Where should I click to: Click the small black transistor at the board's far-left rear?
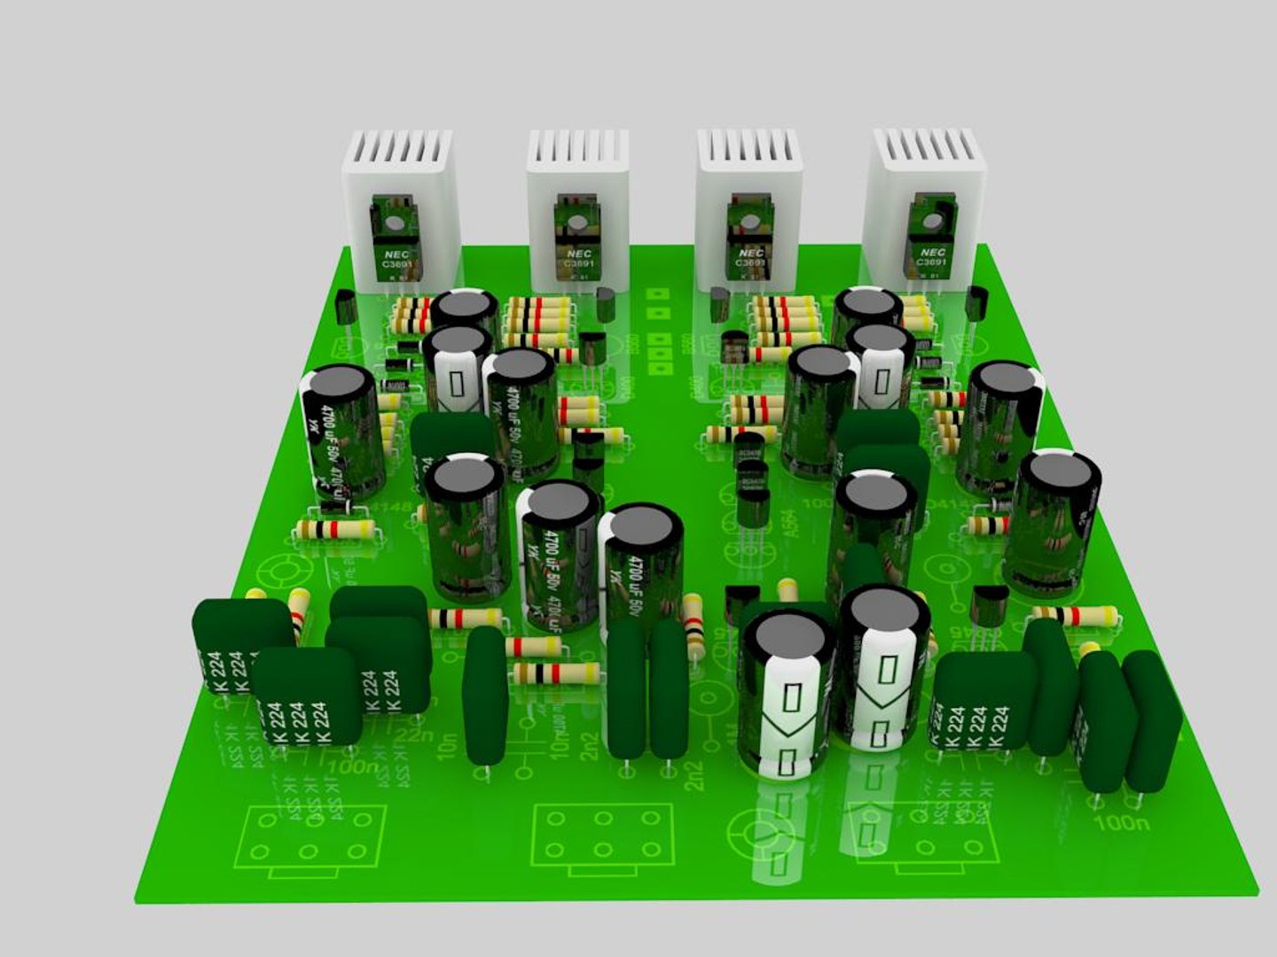(x=346, y=311)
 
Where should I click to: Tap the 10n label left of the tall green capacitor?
(x=448, y=744)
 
